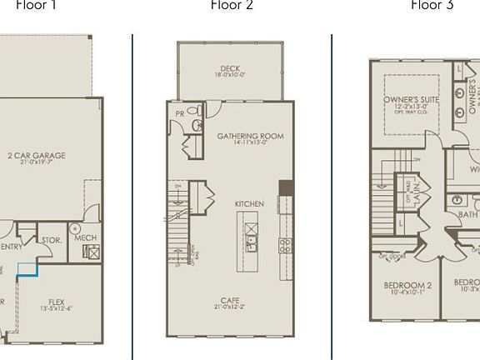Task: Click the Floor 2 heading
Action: click(x=232, y=6)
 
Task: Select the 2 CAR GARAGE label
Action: click(x=36, y=155)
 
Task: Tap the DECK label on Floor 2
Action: click(x=231, y=69)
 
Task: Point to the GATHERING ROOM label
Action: click(x=250, y=136)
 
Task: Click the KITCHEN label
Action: click(x=249, y=204)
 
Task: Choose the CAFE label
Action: click(x=231, y=300)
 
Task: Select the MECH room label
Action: click(x=86, y=237)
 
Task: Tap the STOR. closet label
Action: click(x=51, y=240)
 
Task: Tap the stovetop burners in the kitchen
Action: click(x=284, y=245)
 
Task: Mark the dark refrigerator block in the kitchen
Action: click(x=285, y=187)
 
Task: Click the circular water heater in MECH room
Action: click(x=75, y=227)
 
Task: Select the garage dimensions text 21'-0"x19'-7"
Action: click(x=36, y=163)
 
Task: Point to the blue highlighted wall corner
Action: click(x=28, y=272)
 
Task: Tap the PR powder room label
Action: click(x=179, y=112)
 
